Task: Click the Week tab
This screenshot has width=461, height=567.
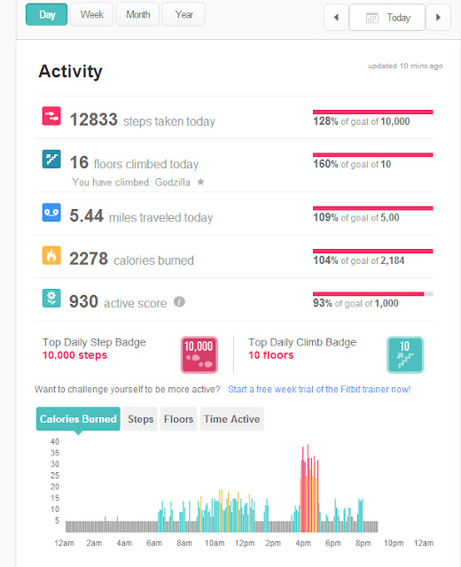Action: tap(92, 14)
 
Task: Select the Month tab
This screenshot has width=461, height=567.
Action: tap(138, 14)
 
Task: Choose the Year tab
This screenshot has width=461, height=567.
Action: tap(184, 14)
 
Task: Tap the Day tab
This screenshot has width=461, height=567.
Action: tap(47, 14)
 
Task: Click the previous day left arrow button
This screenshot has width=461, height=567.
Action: tap(336, 18)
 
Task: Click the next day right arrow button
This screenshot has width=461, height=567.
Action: tap(439, 18)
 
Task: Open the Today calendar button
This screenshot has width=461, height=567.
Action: tap(387, 18)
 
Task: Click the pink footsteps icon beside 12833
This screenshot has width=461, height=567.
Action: tap(51, 116)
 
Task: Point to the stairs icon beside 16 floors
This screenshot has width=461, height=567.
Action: tap(51, 159)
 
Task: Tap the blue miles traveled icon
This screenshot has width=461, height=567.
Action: tap(51, 213)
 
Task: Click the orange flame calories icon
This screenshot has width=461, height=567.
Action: tap(51, 255)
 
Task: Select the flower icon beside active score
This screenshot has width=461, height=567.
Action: tap(51, 298)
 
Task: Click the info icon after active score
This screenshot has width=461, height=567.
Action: tap(179, 301)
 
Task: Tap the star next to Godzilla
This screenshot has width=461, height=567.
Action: tap(200, 182)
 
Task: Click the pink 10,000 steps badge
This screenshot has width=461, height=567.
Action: tap(199, 354)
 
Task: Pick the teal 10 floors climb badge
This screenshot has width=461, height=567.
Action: tap(405, 354)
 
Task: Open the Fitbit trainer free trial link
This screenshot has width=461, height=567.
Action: tap(319, 390)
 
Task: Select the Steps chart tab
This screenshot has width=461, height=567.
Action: tap(140, 419)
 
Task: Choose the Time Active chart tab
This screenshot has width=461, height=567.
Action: tap(232, 419)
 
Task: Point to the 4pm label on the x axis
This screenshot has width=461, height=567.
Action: tap(303, 543)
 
